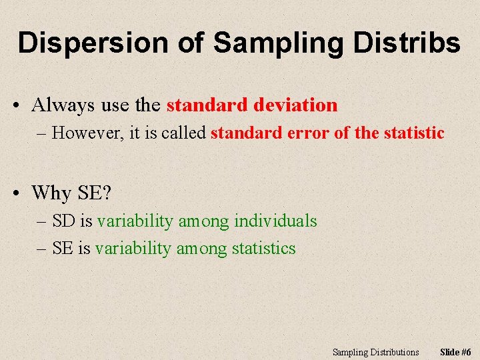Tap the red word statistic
(x=413, y=133)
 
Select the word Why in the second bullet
(x=51, y=193)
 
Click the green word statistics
(x=263, y=249)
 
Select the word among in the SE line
(x=201, y=249)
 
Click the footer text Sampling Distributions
(x=376, y=352)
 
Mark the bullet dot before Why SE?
(x=15, y=194)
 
